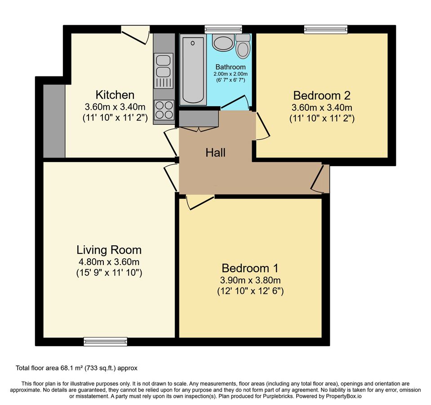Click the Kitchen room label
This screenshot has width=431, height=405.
(x=115, y=95)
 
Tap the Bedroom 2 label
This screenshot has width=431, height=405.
(x=322, y=95)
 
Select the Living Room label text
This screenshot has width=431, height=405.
(x=109, y=250)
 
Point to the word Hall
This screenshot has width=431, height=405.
(x=216, y=153)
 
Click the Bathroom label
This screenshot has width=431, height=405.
(x=231, y=67)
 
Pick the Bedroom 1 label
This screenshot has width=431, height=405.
(x=250, y=268)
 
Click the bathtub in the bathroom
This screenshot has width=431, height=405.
(x=193, y=70)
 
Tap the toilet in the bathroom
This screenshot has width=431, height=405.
(x=243, y=46)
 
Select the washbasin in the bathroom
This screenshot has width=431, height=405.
(x=222, y=43)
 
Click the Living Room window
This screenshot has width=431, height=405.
(x=106, y=341)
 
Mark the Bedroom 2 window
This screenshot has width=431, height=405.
(x=325, y=29)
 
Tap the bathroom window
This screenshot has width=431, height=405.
(x=223, y=29)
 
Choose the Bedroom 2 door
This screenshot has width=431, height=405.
(x=263, y=126)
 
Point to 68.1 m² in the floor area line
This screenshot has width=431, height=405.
(x=71, y=368)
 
